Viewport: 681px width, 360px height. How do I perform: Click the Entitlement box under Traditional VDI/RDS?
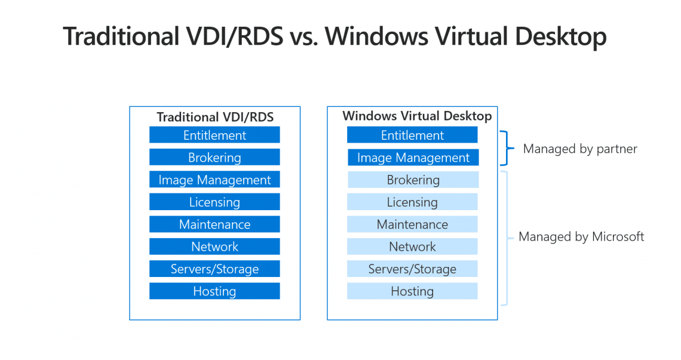[214, 135]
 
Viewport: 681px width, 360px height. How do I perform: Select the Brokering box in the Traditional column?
[214, 158]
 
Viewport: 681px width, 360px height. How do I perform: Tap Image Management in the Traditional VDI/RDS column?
[214, 180]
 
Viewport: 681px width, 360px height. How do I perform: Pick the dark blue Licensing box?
[214, 202]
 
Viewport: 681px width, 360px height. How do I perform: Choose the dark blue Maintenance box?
[214, 224]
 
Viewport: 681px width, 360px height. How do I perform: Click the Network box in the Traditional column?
[214, 247]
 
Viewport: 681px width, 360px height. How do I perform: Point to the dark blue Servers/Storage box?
[214, 269]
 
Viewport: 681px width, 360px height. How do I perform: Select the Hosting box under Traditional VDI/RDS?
[214, 291]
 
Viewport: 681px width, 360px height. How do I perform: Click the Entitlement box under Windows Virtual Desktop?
[412, 135]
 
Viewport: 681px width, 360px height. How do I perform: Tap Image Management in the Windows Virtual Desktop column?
[412, 158]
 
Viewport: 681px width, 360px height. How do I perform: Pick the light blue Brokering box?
[412, 180]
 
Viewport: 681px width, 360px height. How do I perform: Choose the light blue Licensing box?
[412, 202]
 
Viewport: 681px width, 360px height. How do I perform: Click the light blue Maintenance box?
[412, 224]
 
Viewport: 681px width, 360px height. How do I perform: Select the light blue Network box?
[412, 247]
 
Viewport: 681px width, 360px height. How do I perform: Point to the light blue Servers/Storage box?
[412, 269]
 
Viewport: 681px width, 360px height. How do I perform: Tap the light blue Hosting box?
[412, 291]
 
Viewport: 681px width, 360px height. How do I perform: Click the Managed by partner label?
[580, 149]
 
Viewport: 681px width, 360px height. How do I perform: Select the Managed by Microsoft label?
[581, 237]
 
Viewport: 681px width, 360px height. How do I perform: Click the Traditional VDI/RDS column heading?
[215, 117]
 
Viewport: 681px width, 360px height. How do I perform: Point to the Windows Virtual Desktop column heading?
[417, 116]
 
